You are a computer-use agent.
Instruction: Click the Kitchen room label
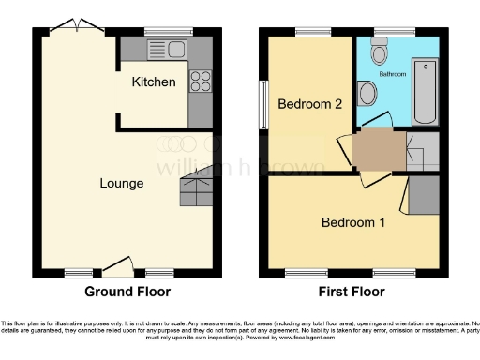(153, 82)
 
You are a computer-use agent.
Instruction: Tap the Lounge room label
(122, 183)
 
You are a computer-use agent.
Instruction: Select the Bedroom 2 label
(308, 105)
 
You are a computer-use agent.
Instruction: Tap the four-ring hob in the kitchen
(200, 82)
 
